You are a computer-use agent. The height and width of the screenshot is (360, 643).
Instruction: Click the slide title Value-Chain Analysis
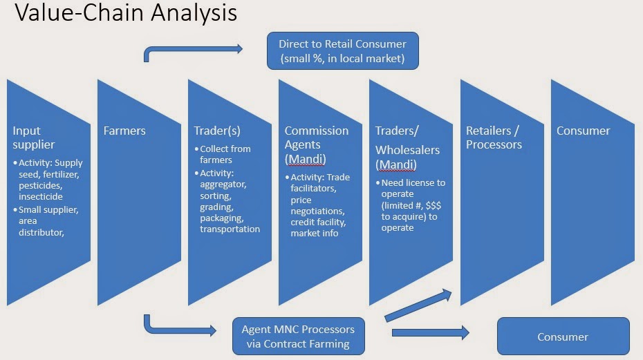(122, 13)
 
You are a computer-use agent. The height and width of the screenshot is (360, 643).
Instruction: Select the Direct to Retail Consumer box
(342, 51)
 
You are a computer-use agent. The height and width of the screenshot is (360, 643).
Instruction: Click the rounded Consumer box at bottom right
(563, 337)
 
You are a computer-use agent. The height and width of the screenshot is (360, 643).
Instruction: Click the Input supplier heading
(33, 138)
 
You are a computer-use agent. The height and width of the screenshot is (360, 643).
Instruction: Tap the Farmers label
(124, 131)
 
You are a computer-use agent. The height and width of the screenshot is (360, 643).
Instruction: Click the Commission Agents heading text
(317, 138)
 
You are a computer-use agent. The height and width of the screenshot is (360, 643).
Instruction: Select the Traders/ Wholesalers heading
(407, 140)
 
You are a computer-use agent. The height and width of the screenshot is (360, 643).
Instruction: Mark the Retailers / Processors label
(494, 138)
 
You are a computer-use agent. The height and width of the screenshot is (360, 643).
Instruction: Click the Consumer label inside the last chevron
(584, 131)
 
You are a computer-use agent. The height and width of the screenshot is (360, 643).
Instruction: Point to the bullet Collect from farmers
(225, 154)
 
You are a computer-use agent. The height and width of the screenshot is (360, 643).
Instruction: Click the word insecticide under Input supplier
(41, 196)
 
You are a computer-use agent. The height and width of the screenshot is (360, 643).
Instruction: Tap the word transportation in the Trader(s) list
(230, 229)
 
